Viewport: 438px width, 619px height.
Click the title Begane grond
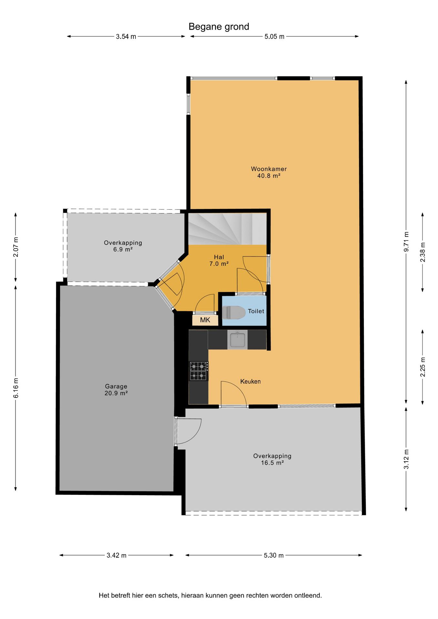coord(219,26)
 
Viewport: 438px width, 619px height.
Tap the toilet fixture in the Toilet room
coord(234,312)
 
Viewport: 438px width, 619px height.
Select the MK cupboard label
coord(205,320)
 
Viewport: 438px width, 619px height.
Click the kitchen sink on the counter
coord(237,340)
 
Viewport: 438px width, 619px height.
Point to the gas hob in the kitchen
coord(198,371)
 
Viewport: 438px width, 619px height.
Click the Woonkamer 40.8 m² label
coord(269,172)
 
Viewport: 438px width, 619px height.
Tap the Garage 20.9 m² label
coord(116,389)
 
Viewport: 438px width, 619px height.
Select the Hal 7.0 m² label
coord(219,260)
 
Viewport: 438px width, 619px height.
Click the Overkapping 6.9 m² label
coord(123,246)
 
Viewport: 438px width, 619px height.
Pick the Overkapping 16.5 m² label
coord(272,459)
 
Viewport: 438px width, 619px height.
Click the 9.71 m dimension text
coord(406,241)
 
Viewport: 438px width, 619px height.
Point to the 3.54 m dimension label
coord(126,36)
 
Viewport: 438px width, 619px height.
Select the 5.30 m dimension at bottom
coord(274,555)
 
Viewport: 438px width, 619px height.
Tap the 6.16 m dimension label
coord(16,388)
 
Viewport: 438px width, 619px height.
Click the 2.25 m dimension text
coord(423,367)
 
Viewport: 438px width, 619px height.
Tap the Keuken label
coord(250,381)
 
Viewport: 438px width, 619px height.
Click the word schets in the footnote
coord(168,595)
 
